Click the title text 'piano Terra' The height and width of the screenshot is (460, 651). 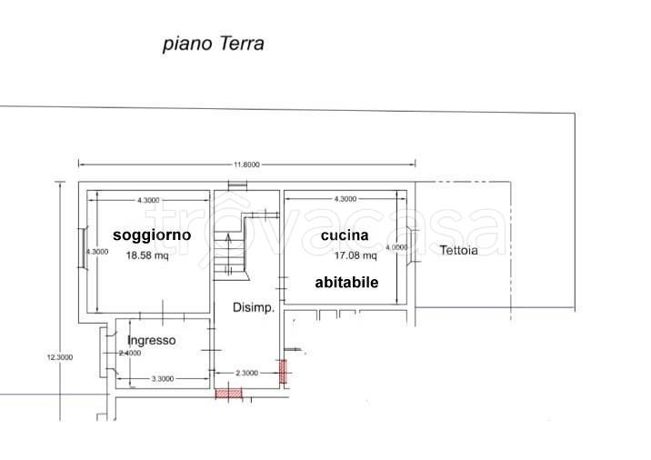tap(212, 43)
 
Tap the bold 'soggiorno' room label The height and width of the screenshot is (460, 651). tap(152, 235)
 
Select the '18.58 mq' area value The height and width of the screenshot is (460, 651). tap(146, 255)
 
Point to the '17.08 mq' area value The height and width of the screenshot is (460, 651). tap(342, 255)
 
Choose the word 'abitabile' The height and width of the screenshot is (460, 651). tap(346, 283)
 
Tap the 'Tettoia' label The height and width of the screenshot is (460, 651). tap(458, 251)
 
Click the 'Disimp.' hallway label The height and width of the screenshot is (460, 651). tap(254, 308)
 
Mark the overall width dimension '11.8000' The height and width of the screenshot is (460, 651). tap(246, 165)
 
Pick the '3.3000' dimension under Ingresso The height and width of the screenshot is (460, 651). tap(162, 379)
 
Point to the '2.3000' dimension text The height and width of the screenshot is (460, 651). tap(247, 373)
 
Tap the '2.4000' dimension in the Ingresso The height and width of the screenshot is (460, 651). tap(131, 353)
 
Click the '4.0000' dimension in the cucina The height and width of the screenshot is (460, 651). tap(396, 247)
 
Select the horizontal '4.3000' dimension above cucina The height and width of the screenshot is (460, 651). tap(346, 199)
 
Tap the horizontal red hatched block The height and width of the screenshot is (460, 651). tap(228, 393)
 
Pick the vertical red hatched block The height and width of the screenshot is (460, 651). tap(282, 371)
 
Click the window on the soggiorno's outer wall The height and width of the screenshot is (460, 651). tap(83, 251)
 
